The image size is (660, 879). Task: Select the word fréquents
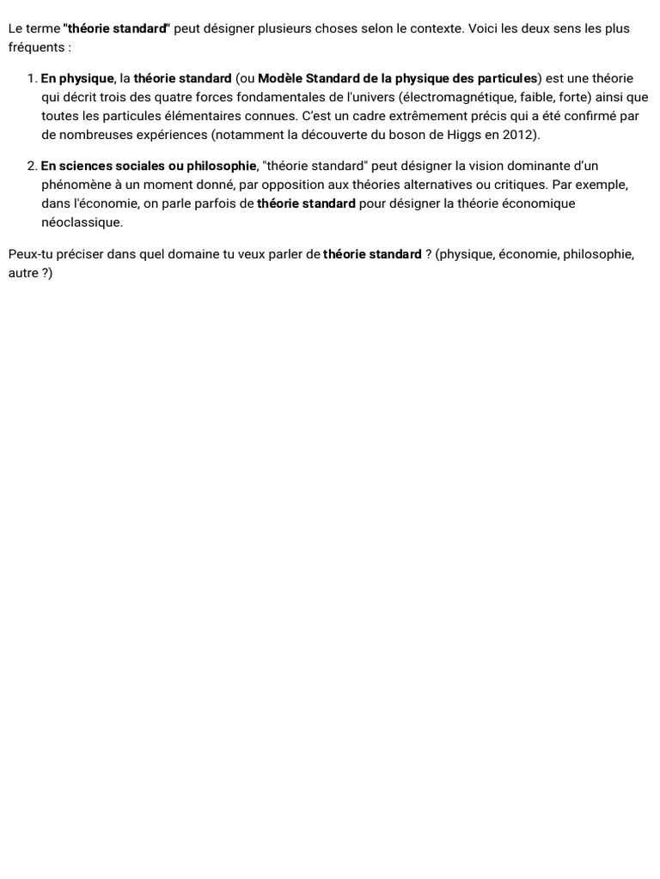[x=37, y=47]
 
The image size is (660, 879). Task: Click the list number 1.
[x=32, y=79]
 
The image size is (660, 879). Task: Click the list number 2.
[x=32, y=166]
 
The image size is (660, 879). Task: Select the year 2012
[x=518, y=135]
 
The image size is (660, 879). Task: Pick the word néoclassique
[x=82, y=222]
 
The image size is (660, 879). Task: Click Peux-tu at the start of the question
[x=31, y=254]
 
